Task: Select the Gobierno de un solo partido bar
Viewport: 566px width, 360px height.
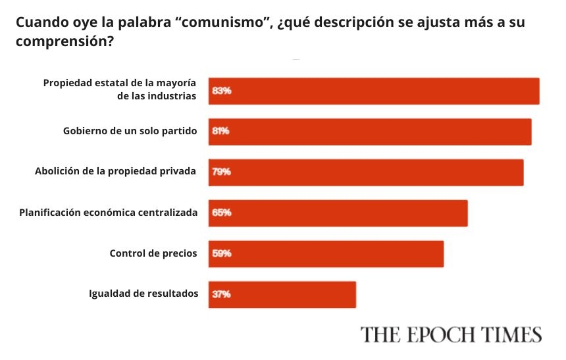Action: [370, 132]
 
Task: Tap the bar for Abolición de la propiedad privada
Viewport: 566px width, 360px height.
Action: [366, 172]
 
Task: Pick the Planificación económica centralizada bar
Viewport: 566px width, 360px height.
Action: [338, 213]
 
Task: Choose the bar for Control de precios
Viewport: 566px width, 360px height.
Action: [326, 254]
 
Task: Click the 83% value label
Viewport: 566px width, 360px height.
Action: [221, 91]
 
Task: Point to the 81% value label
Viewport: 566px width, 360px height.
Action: [220, 132]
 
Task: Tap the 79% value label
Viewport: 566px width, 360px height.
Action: [221, 172]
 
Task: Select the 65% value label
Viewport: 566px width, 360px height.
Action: [221, 213]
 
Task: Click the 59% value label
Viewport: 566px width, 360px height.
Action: [221, 254]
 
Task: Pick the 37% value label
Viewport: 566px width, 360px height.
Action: [221, 295]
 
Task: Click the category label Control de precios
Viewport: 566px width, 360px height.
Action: [153, 253]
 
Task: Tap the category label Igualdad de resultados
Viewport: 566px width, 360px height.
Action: [143, 294]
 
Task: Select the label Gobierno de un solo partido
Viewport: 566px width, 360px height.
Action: [130, 131]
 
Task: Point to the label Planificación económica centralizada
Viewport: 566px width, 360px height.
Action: [109, 213]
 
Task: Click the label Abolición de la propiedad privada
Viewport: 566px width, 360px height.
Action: [115, 172]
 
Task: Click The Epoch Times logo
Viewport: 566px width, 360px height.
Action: [450, 334]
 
